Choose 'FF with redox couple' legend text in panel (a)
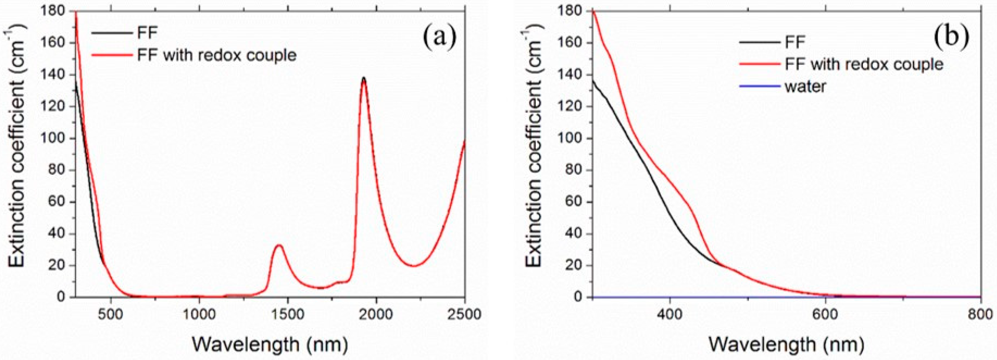click(x=217, y=55)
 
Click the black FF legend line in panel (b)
click(x=759, y=41)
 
